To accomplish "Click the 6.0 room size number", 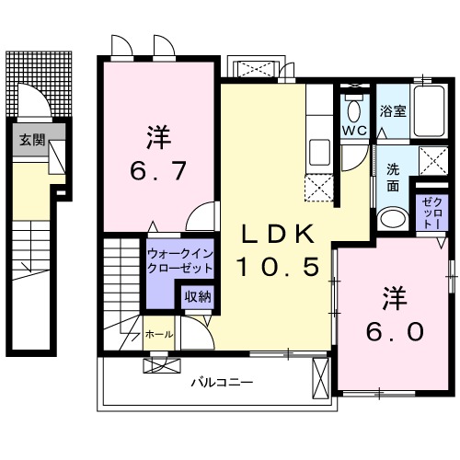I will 395,329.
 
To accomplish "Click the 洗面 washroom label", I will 393,178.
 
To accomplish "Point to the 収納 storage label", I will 197,296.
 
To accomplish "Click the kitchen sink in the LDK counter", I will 320,150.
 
